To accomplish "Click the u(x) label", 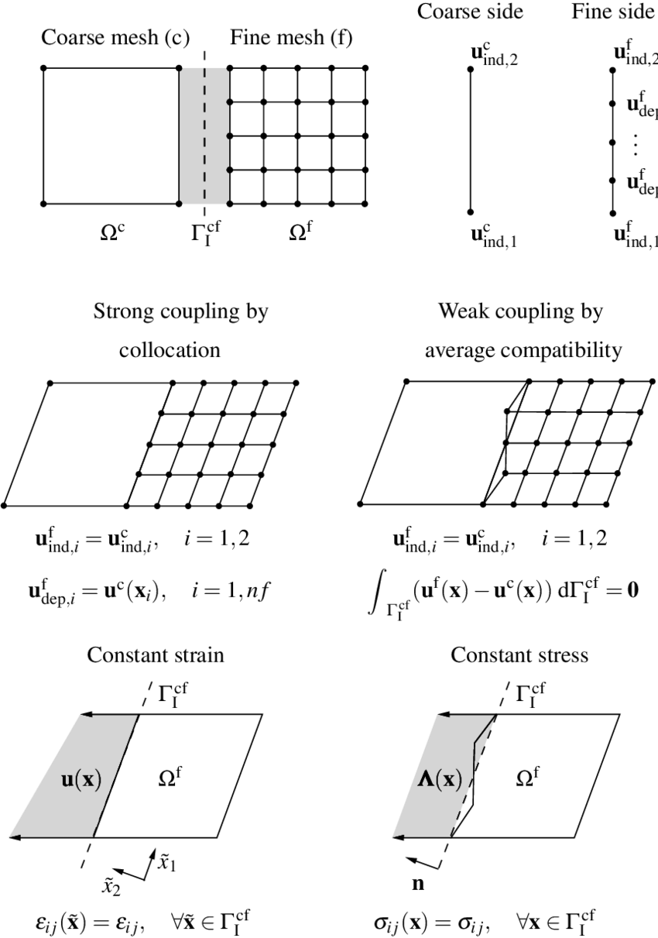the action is pos(81,780).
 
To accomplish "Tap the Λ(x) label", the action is pos(439,780).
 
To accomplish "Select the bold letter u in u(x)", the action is pos(67,781).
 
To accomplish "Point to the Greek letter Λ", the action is pos(424,780).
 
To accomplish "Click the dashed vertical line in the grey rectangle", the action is pos(205,136).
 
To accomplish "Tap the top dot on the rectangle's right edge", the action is pos(228,102).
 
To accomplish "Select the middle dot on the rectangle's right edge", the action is pos(228,136).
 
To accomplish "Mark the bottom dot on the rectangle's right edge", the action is pos(228,170).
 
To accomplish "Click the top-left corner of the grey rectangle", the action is pos(182,70).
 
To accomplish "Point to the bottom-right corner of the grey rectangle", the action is pos(228,203).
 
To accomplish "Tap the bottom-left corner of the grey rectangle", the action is pos(182,203).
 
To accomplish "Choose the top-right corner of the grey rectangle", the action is pos(228,70).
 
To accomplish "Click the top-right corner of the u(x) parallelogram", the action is pos(137,716).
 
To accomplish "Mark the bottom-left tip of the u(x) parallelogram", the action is pos(9,837).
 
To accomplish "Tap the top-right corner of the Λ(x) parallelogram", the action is pos(494,716).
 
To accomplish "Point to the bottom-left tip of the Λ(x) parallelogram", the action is pos(393,837).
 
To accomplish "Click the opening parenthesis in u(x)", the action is pos(78,781).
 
